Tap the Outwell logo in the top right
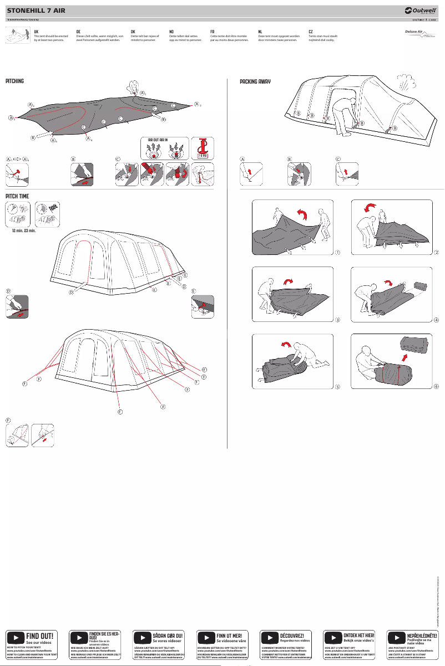coord(422,9)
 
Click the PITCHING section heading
coord(14,81)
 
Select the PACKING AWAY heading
coord(255,81)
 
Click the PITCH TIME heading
coord(17,196)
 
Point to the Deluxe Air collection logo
coord(419,35)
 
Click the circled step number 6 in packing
coord(437,386)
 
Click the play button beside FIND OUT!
coord(15,637)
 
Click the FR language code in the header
coord(213,32)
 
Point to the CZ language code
coord(311,32)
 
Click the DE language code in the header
coord(78,32)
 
